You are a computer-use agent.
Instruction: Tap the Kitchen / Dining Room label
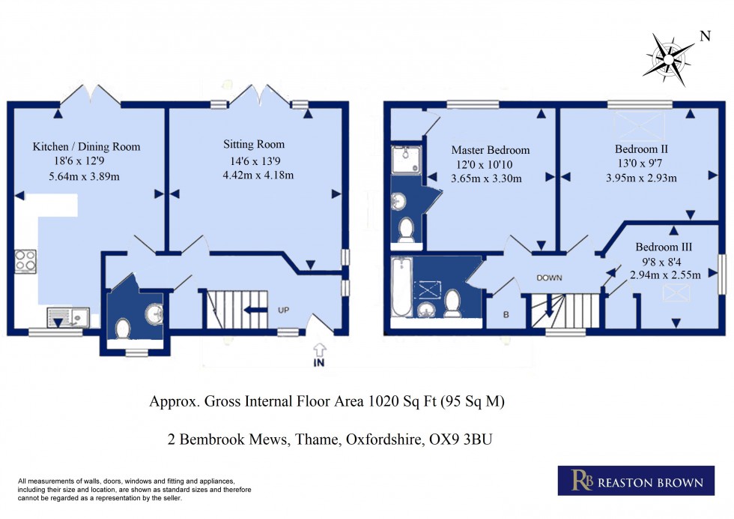click(x=86, y=147)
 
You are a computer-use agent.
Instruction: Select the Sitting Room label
click(x=254, y=144)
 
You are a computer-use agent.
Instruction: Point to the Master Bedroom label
click(x=490, y=150)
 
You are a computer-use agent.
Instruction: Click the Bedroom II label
click(x=641, y=149)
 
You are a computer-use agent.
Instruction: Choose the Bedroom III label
click(x=664, y=247)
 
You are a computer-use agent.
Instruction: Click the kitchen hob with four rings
click(x=25, y=261)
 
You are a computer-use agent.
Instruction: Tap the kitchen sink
click(x=67, y=316)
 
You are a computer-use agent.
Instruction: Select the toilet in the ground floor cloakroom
click(x=123, y=328)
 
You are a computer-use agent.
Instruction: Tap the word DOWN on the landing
click(x=549, y=278)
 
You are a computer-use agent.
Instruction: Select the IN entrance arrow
click(x=320, y=353)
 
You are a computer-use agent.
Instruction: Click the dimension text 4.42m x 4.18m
click(x=258, y=175)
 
